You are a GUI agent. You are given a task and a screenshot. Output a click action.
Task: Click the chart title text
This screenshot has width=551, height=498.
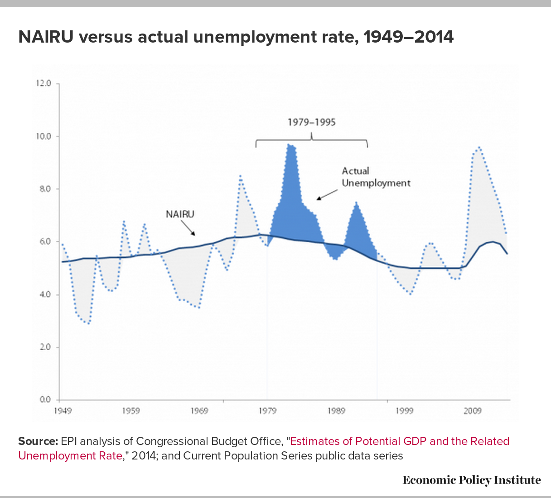pos(236,37)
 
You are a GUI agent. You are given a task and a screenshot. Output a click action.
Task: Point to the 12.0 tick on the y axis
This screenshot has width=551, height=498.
pos(43,83)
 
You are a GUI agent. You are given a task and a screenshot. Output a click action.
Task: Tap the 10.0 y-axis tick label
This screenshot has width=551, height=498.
pos(43,136)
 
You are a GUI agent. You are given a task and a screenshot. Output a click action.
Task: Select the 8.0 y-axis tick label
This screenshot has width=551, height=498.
pos(45,189)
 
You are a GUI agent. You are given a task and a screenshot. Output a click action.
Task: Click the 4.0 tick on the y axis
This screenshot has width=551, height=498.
pos(45,295)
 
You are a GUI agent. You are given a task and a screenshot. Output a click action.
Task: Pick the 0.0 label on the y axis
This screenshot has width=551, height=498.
pos(45,399)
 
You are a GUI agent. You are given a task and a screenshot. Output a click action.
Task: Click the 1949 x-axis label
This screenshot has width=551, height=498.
pos(63,411)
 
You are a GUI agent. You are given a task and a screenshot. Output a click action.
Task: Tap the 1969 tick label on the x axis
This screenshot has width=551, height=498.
pos(199,411)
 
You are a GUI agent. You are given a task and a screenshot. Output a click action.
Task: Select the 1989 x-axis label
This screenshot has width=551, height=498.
pos(336,411)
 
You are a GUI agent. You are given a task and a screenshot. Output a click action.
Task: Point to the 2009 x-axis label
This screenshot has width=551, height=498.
pos(473,411)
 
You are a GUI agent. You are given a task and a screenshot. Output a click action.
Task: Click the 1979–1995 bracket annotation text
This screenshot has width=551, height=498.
pos(311,122)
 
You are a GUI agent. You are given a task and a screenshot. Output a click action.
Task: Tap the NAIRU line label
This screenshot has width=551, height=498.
pos(180,214)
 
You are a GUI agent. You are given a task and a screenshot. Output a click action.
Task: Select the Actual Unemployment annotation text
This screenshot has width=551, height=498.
pos(376,177)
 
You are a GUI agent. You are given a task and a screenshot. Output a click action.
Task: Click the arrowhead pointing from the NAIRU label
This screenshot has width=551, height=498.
pos(193,234)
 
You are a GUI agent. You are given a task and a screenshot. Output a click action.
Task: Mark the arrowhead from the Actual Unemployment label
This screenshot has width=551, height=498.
pos(319,198)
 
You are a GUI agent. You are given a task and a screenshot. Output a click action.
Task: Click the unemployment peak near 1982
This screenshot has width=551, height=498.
pos(288,144)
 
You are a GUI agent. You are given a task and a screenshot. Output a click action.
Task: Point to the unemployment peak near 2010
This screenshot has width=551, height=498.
pos(479,147)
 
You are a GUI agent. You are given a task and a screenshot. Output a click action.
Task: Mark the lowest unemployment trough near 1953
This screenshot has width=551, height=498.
pos(88,323)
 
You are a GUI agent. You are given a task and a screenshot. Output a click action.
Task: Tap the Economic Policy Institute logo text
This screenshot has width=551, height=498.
pos(472,480)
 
